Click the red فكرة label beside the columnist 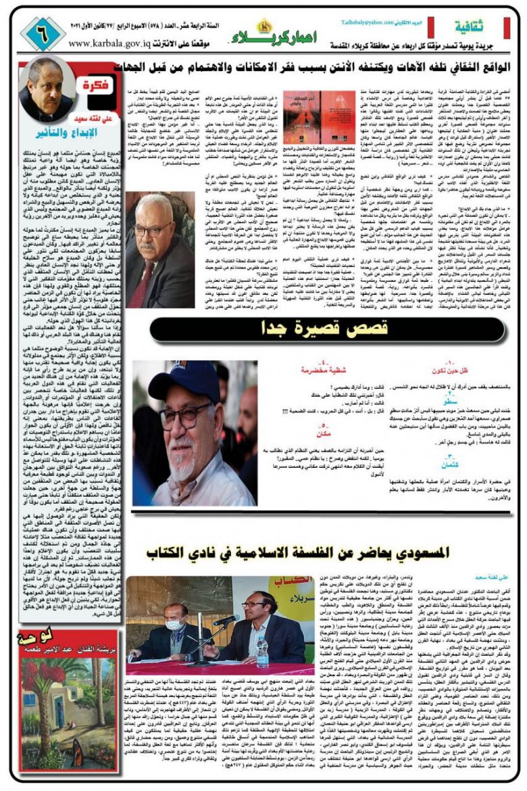click(94, 87)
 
